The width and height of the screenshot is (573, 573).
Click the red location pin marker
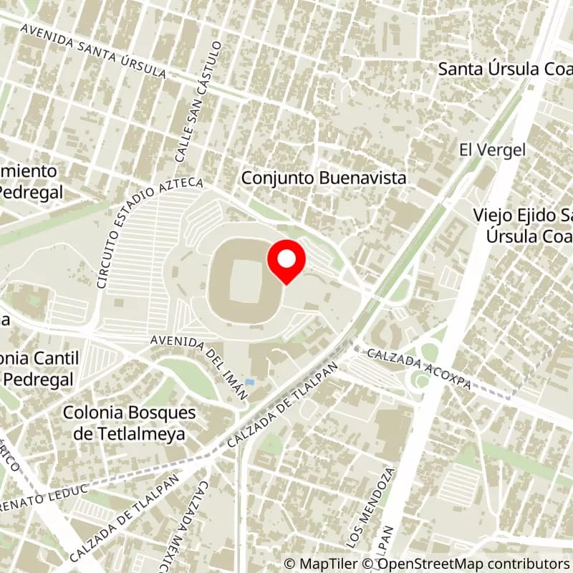point(286,261)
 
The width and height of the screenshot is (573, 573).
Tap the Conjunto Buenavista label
point(324,178)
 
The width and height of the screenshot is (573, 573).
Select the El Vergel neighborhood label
point(493,150)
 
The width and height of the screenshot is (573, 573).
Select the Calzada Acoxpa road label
point(419,369)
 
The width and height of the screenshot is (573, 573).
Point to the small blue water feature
point(249,381)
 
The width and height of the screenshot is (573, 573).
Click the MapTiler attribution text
point(323,564)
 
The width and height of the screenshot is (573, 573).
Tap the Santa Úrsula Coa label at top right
point(505,69)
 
